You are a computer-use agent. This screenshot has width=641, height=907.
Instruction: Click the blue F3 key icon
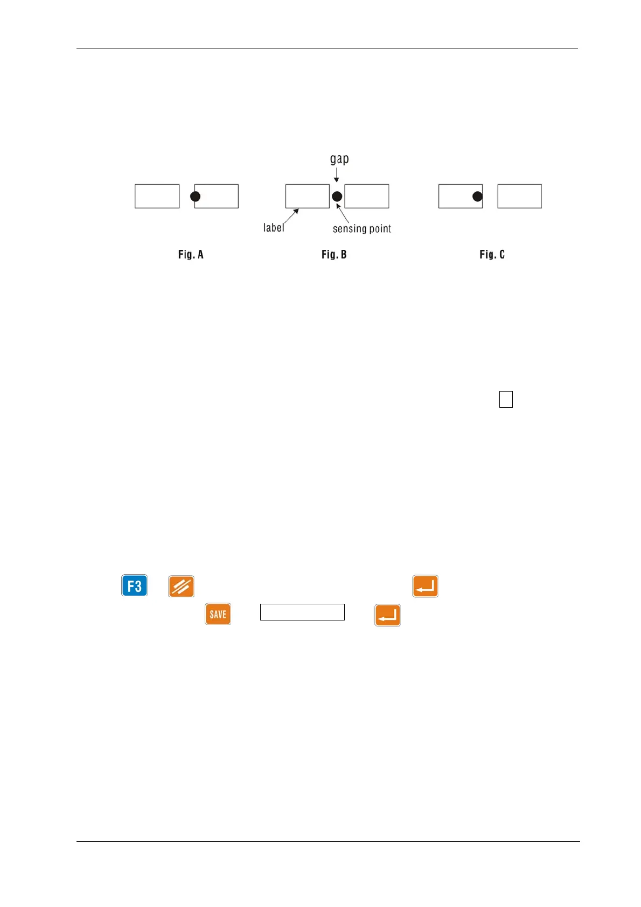pyautogui.click(x=134, y=585)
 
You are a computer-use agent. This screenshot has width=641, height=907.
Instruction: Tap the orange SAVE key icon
pyautogui.click(x=218, y=614)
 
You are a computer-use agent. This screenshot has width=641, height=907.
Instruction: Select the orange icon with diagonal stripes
pyautogui.click(x=181, y=586)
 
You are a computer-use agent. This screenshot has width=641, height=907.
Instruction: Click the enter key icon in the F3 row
pyautogui.click(x=425, y=586)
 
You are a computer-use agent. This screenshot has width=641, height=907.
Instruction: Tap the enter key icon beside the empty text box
pyautogui.click(x=387, y=615)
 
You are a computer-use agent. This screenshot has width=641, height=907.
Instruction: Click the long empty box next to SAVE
pyautogui.click(x=302, y=612)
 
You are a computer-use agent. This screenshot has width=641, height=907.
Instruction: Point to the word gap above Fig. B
pyautogui.click(x=339, y=159)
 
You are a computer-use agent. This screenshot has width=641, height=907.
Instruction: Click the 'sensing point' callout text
pyautogui.click(x=361, y=228)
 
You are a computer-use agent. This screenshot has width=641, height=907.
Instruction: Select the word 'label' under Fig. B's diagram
pyautogui.click(x=274, y=228)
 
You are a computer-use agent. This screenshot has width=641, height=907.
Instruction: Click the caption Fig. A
pyautogui.click(x=191, y=254)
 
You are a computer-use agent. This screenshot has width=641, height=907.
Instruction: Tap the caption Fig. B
pyautogui.click(x=334, y=254)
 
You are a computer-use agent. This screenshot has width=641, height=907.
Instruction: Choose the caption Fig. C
pyautogui.click(x=492, y=254)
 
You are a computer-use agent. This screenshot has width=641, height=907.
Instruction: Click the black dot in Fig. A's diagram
pyautogui.click(x=196, y=197)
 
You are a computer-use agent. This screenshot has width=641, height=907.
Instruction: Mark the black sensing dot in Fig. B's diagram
pyautogui.click(x=337, y=197)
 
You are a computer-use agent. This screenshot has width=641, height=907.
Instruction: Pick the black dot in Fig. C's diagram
pyautogui.click(x=477, y=197)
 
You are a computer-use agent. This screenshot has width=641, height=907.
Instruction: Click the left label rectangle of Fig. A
pyautogui.click(x=157, y=196)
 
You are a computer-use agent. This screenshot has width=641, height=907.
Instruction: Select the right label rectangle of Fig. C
pyautogui.click(x=519, y=196)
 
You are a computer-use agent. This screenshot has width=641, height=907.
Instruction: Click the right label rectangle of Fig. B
pyautogui.click(x=367, y=196)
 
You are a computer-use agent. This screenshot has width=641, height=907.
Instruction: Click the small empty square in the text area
pyautogui.click(x=506, y=399)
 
